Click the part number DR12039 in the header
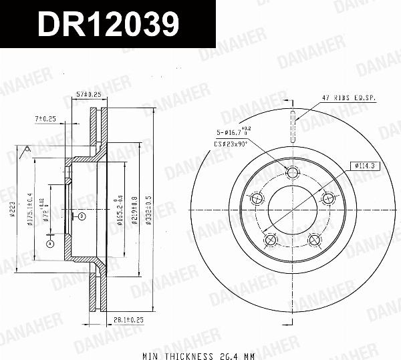[x=108, y=25]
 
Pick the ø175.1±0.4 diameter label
[x=30, y=212]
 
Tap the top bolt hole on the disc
[x=292, y=172]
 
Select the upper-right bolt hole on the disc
[x=327, y=198]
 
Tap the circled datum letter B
[x=81, y=216]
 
